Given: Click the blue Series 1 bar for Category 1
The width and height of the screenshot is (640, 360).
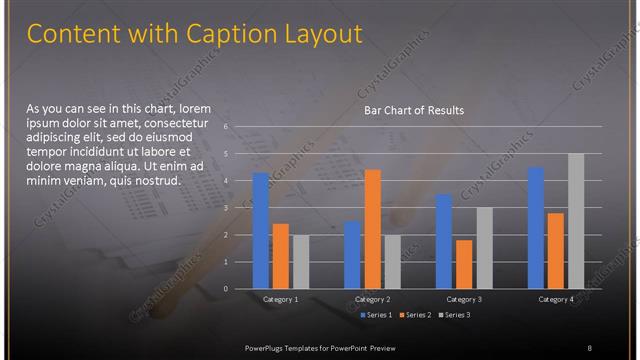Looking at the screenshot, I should pos(261,231).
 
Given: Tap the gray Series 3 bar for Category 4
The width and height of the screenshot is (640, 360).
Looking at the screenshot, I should pos(576,221).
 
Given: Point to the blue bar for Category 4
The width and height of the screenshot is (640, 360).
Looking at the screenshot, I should pos(536,228).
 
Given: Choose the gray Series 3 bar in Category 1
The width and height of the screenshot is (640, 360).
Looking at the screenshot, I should pos(301,262).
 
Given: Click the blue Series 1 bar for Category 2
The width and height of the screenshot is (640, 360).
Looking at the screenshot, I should pos(353,255).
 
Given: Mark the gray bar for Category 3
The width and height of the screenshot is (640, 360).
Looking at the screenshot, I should pos(484,248).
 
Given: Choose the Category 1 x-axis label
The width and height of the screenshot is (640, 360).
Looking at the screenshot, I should pos(280,299).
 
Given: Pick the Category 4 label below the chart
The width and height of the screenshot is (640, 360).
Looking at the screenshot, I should pos(556,299).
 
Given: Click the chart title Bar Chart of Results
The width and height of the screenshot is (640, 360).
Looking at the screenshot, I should pos(413,110).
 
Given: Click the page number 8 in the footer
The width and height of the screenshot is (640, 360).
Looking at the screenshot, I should pos(589,346).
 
